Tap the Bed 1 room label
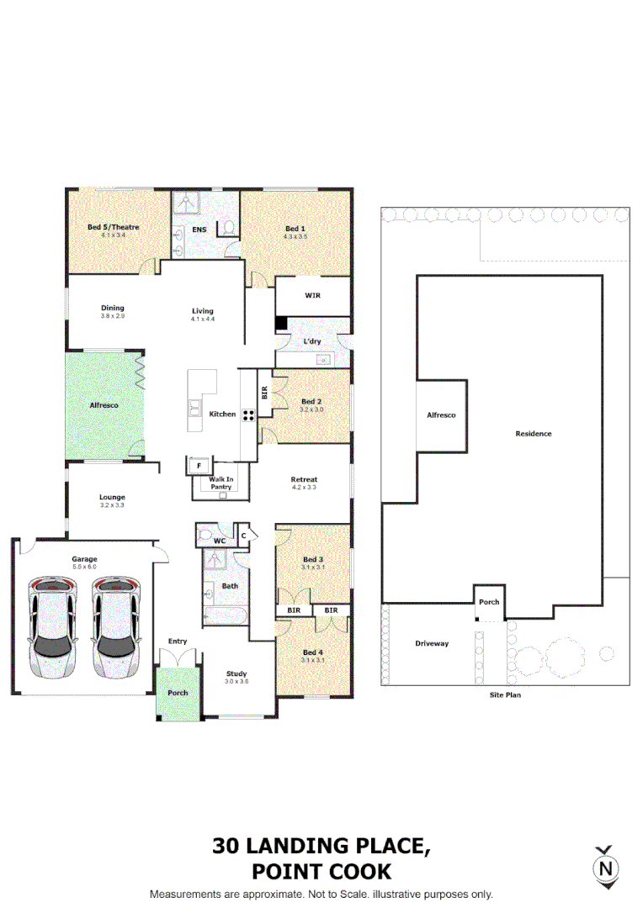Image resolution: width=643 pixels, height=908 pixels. click(295, 229)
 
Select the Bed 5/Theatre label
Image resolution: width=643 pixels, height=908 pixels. click(113, 227)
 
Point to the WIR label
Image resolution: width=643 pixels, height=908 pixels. click(311, 296)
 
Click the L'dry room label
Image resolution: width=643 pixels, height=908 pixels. click(312, 342)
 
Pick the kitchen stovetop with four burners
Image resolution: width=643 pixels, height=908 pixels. click(249, 414)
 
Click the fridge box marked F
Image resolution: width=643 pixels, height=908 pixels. click(199, 465)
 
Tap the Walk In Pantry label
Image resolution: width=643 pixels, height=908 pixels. click(221, 483)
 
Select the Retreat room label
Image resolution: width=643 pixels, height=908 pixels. click(304, 479)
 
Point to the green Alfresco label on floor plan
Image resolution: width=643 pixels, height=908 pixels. click(104, 405)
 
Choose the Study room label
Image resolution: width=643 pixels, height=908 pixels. click(236, 673)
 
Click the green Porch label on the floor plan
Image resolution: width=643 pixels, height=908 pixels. click(178, 692)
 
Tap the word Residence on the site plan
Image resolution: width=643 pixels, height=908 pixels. click(534, 434)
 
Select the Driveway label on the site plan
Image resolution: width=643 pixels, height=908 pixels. click(432, 644)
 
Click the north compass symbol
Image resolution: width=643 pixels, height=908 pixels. click(604, 867)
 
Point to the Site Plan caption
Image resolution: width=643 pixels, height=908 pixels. click(505, 695)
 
